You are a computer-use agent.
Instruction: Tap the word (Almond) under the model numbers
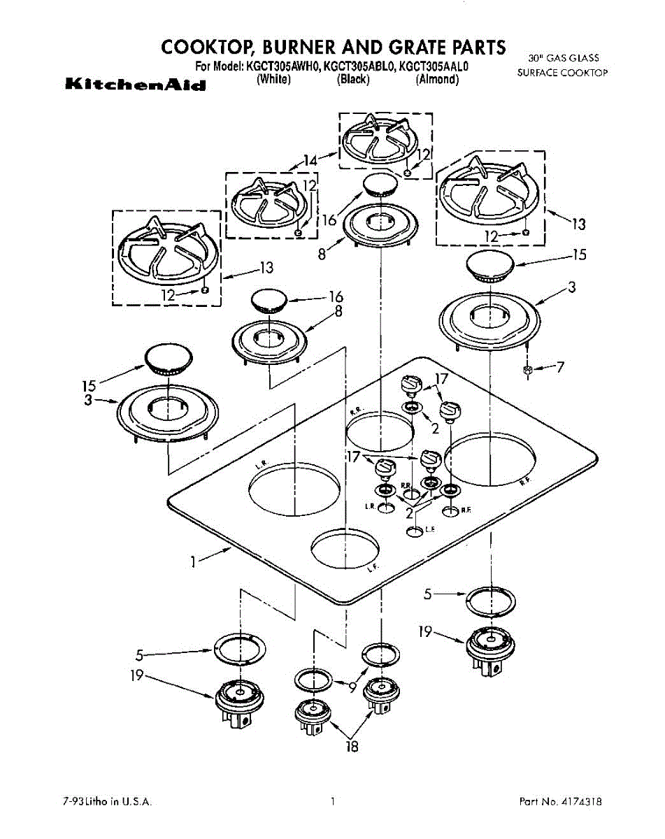(437, 80)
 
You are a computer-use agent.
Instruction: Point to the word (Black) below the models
(352, 80)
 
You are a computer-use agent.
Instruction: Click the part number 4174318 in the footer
(582, 801)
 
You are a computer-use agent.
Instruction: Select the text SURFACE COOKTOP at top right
(562, 72)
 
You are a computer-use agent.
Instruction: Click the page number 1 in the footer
(334, 801)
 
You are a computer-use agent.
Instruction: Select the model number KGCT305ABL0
(358, 68)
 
